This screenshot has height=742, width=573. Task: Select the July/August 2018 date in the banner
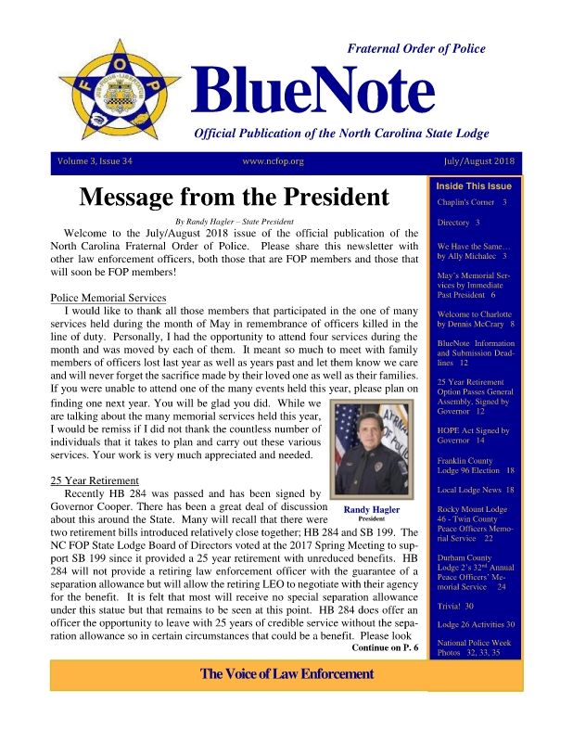481,161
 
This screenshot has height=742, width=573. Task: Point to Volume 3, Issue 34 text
95,161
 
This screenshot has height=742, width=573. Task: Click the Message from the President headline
234,198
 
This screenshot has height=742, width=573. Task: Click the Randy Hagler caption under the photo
371,509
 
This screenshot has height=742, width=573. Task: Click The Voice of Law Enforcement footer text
286,673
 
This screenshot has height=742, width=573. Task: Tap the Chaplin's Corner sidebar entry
471,201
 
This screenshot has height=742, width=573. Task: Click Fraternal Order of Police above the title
415,48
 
